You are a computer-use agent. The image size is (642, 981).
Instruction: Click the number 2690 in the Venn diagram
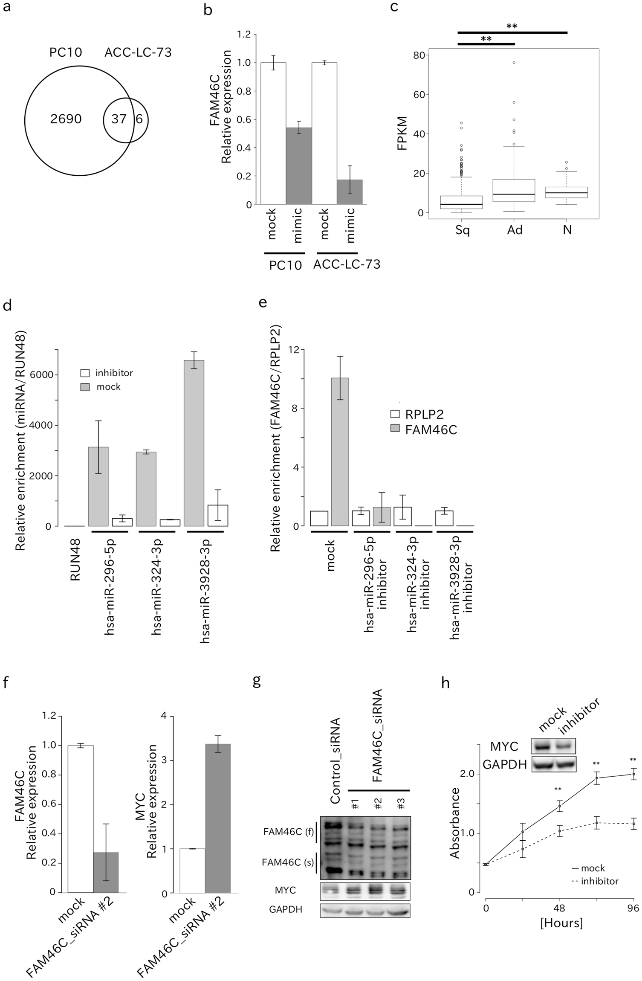pos(66,119)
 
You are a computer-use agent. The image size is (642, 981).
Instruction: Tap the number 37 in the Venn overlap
pos(119,119)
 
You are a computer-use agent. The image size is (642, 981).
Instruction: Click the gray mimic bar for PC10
pos(298,166)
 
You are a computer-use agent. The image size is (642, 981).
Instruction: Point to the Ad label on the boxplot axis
pos(515,230)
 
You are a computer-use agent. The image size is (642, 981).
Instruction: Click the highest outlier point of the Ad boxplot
pos(514,63)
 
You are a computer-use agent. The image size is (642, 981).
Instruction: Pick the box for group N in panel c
pos(567,192)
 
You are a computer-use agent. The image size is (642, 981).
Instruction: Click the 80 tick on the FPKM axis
pos(420,55)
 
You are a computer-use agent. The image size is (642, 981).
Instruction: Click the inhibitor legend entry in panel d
pos(108,373)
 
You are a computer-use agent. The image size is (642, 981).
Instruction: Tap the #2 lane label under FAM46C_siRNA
pos(378,804)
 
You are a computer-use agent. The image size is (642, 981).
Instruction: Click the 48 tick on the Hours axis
pos(559,908)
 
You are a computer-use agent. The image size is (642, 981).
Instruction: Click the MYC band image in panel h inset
pos(553,747)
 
